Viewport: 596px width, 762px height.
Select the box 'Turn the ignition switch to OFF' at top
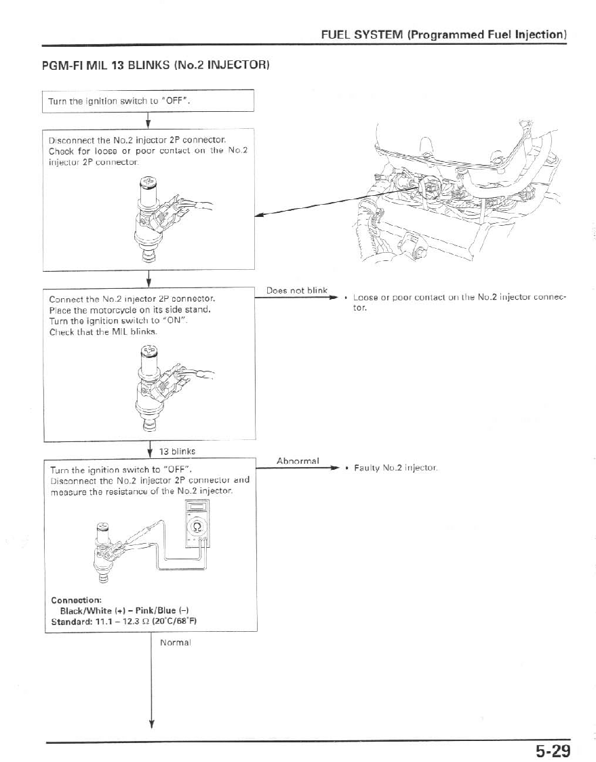(x=148, y=102)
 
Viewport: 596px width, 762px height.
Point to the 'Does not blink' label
(x=296, y=290)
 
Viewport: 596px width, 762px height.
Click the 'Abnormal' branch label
(x=298, y=461)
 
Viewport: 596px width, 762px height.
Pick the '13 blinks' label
(x=176, y=451)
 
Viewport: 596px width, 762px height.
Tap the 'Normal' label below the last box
(x=175, y=641)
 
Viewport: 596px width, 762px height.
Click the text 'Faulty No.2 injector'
(x=396, y=468)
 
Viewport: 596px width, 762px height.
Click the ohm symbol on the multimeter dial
(x=197, y=526)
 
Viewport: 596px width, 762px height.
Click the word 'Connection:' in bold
(x=76, y=600)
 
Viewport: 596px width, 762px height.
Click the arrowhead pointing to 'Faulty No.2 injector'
(x=334, y=468)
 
